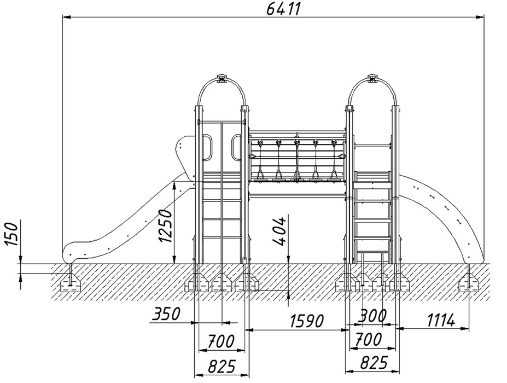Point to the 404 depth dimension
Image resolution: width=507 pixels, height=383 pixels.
281,233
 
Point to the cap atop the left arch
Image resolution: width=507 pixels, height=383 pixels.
222,78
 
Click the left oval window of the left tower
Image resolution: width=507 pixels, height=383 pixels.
208,148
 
